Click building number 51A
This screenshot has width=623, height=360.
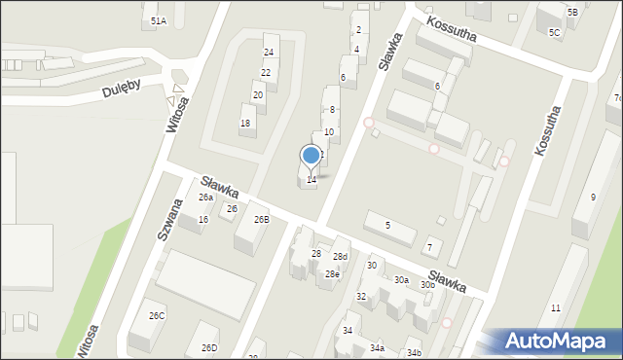(158, 20)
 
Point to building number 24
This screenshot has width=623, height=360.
(269, 52)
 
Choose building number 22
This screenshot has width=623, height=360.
(265, 73)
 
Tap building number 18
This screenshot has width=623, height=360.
(245, 123)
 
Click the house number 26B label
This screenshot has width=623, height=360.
(262, 220)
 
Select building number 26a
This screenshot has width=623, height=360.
(206, 198)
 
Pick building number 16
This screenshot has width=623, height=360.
(202, 220)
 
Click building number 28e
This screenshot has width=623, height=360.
(332, 274)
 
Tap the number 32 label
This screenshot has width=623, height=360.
(360, 297)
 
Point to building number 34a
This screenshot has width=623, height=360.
(377, 348)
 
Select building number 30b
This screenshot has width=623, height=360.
(427, 285)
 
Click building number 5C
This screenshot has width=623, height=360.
(554, 33)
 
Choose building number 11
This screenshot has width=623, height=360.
(556, 308)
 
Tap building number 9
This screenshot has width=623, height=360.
(593, 198)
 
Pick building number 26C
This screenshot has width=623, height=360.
(157, 316)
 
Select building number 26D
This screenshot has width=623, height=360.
(209, 348)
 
